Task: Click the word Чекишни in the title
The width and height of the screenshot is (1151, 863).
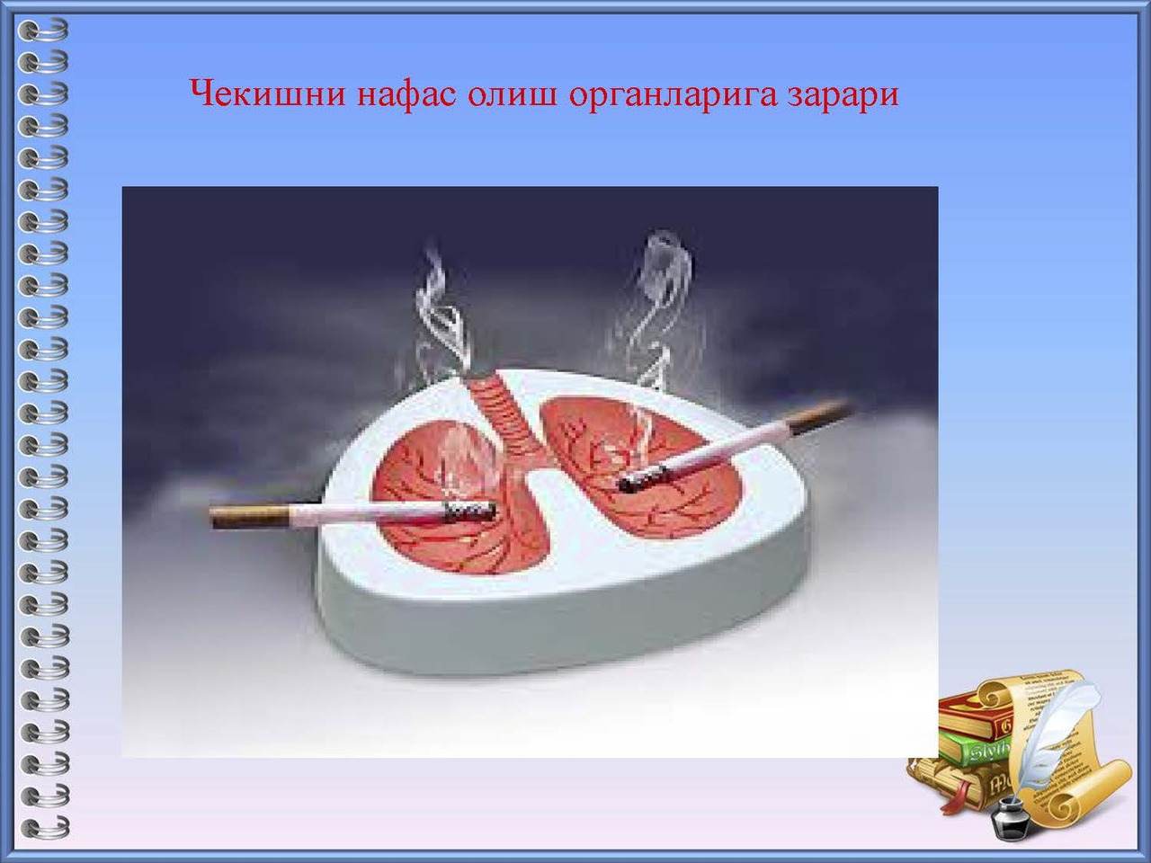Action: point(267,93)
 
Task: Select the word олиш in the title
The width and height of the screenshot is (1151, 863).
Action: point(512,94)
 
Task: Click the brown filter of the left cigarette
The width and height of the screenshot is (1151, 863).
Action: point(250,517)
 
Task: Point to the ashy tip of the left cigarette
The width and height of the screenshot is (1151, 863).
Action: point(469,511)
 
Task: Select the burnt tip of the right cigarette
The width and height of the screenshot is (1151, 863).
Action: point(643,479)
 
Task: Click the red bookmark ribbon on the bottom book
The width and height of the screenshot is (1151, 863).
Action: point(959,800)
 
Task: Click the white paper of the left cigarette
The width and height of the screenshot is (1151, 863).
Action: point(367,513)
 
